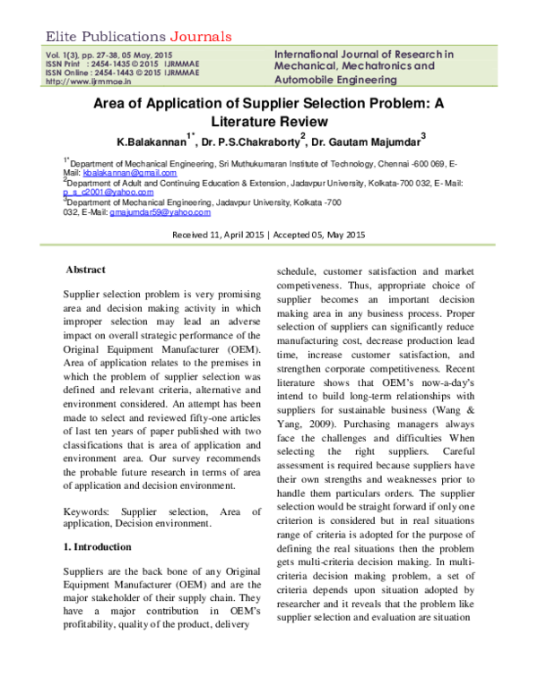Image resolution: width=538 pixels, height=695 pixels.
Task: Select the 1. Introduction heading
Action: (x=98, y=546)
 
